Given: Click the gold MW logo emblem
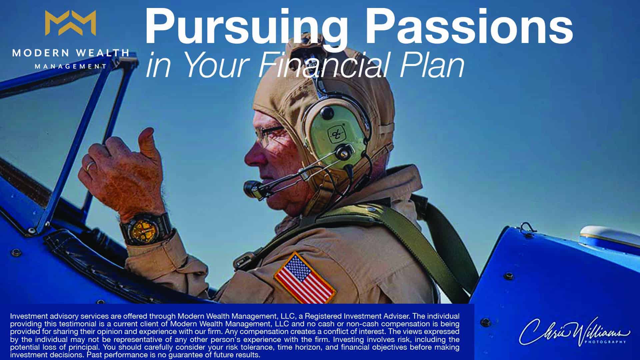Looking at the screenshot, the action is [70, 23].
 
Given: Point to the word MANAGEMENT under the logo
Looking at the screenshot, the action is [71, 66].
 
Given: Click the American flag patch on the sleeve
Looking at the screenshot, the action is [304, 278].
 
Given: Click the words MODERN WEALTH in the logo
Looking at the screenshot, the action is [70, 53].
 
